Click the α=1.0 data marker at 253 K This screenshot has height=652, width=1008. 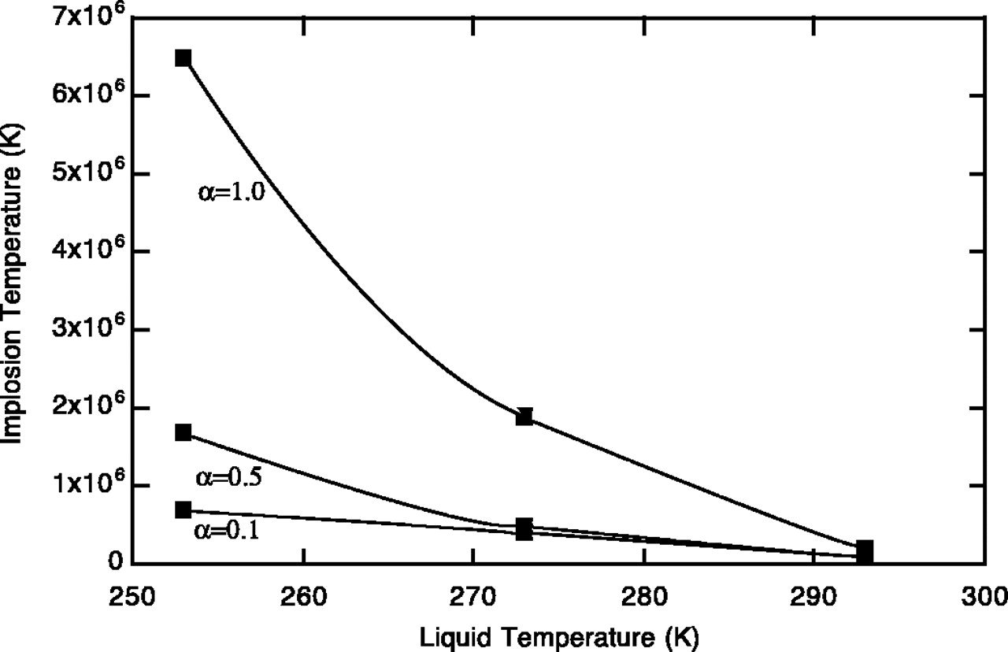(x=183, y=58)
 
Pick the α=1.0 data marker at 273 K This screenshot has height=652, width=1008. (x=524, y=417)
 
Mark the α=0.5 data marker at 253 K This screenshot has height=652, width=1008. (x=183, y=432)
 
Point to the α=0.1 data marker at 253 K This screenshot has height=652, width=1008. (x=183, y=509)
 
